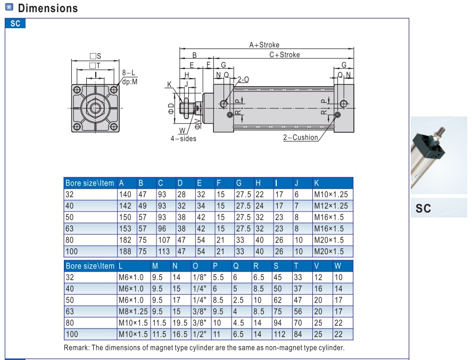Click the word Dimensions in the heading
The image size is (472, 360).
(x=48, y=8)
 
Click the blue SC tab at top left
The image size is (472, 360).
(x=15, y=23)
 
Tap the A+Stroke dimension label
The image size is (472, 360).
(x=264, y=45)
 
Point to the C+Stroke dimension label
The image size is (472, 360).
(x=285, y=55)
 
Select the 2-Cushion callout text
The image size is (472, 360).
(x=301, y=137)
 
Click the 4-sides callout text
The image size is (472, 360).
(x=184, y=139)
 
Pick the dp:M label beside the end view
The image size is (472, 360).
(x=130, y=82)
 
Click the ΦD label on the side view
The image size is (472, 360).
(x=171, y=108)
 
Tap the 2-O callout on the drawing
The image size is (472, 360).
(x=243, y=79)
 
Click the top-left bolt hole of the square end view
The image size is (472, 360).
(x=77, y=90)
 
